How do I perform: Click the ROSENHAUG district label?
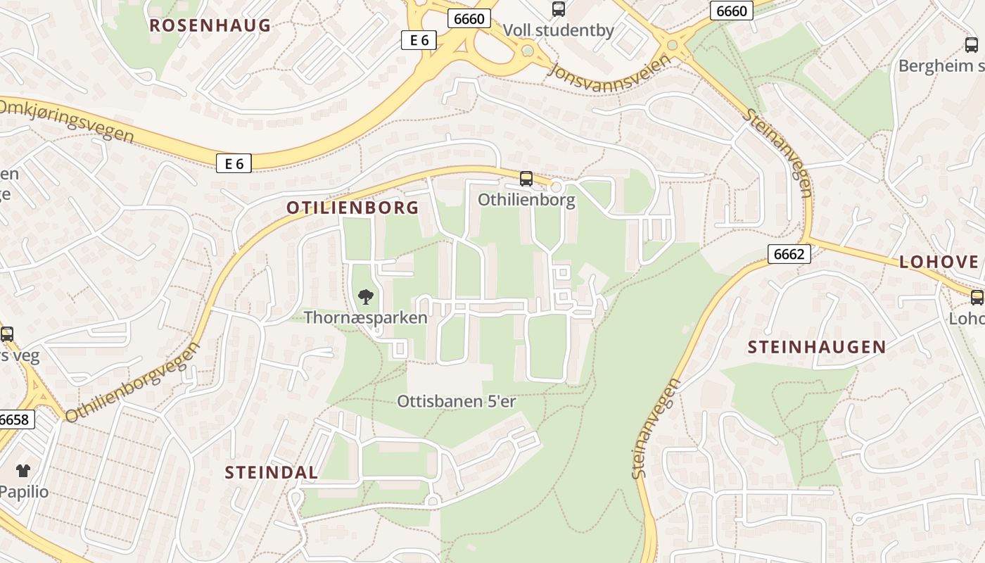point(210,26)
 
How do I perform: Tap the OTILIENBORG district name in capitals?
point(352,208)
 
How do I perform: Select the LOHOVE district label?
point(939,262)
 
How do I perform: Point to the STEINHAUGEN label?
point(817,347)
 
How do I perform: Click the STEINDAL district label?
point(272,472)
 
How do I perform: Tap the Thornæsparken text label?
point(366,317)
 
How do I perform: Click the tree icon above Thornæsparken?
point(365,297)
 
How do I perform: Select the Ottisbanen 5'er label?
point(457,402)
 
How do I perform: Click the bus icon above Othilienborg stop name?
point(526,179)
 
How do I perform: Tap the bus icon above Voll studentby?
point(559,9)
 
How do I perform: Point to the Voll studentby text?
point(559,31)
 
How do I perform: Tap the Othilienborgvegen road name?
point(132,382)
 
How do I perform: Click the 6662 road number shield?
point(789,254)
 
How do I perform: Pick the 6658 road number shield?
point(15,420)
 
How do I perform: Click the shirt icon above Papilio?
point(23,471)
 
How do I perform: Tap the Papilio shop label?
point(25,491)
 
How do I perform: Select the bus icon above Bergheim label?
point(972,45)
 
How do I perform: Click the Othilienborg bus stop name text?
point(526,200)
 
